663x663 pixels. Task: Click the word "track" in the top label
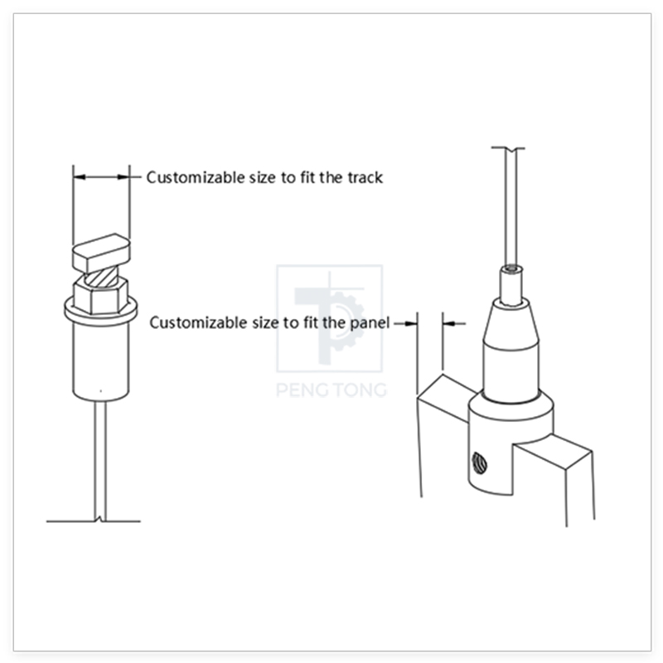point(365,177)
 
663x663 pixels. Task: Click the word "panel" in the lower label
point(370,323)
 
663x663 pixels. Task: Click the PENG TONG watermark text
point(331,390)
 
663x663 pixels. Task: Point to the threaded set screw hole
point(480,462)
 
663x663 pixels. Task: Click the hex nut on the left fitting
point(100,295)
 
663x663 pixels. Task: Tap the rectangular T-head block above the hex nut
point(101,253)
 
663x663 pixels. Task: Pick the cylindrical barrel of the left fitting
point(100,361)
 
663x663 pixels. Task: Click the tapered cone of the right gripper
point(511,323)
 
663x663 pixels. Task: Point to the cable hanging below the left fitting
point(100,461)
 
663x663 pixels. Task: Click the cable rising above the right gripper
point(510,207)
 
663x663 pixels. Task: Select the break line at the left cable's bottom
point(94,521)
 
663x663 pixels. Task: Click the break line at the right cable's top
point(508,148)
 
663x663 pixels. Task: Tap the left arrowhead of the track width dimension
point(80,177)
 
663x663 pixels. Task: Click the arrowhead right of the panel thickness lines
point(448,323)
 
